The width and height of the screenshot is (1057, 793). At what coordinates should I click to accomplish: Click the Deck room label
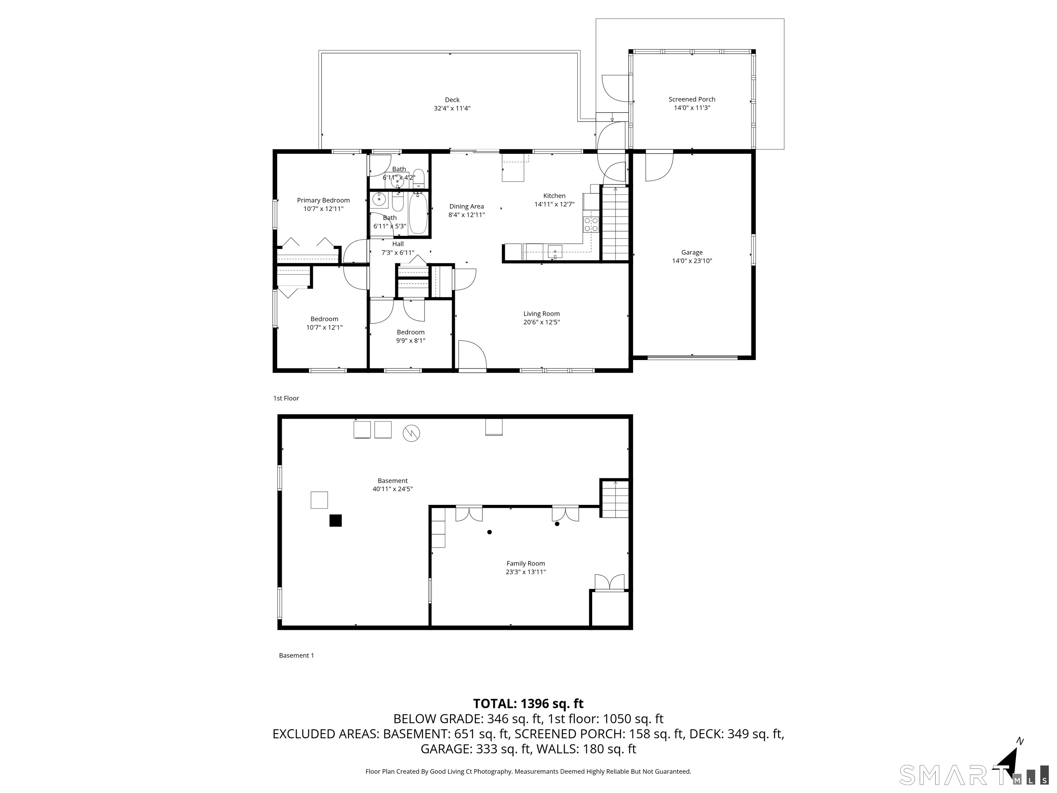[x=452, y=100]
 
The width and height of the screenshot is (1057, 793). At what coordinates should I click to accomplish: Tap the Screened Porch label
[x=692, y=99]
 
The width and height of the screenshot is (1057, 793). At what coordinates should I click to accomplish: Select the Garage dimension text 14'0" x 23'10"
[x=692, y=261]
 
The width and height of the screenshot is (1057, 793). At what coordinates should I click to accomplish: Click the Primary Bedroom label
[x=323, y=200]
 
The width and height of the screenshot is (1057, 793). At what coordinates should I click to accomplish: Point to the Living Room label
[x=541, y=314]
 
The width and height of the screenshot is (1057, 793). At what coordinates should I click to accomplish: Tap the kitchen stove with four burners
[x=591, y=225]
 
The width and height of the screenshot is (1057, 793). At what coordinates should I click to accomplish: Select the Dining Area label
[x=466, y=207]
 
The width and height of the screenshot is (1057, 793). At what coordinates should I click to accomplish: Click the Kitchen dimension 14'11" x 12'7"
[x=554, y=204]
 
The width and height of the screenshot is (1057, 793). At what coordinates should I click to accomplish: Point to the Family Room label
[x=526, y=563]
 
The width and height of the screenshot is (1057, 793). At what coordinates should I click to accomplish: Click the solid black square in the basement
[x=335, y=520]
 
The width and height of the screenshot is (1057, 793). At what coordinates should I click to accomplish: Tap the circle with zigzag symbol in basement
[x=412, y=433]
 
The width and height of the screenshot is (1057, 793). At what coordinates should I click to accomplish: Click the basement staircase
[x=615, y=499]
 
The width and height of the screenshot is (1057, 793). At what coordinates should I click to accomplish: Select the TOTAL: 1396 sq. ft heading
[x=528, y=704]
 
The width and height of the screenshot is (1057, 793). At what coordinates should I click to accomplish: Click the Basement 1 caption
[x=296, y=655]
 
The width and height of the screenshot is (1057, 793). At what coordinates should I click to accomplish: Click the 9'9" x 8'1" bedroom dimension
[x=410, y=341]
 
